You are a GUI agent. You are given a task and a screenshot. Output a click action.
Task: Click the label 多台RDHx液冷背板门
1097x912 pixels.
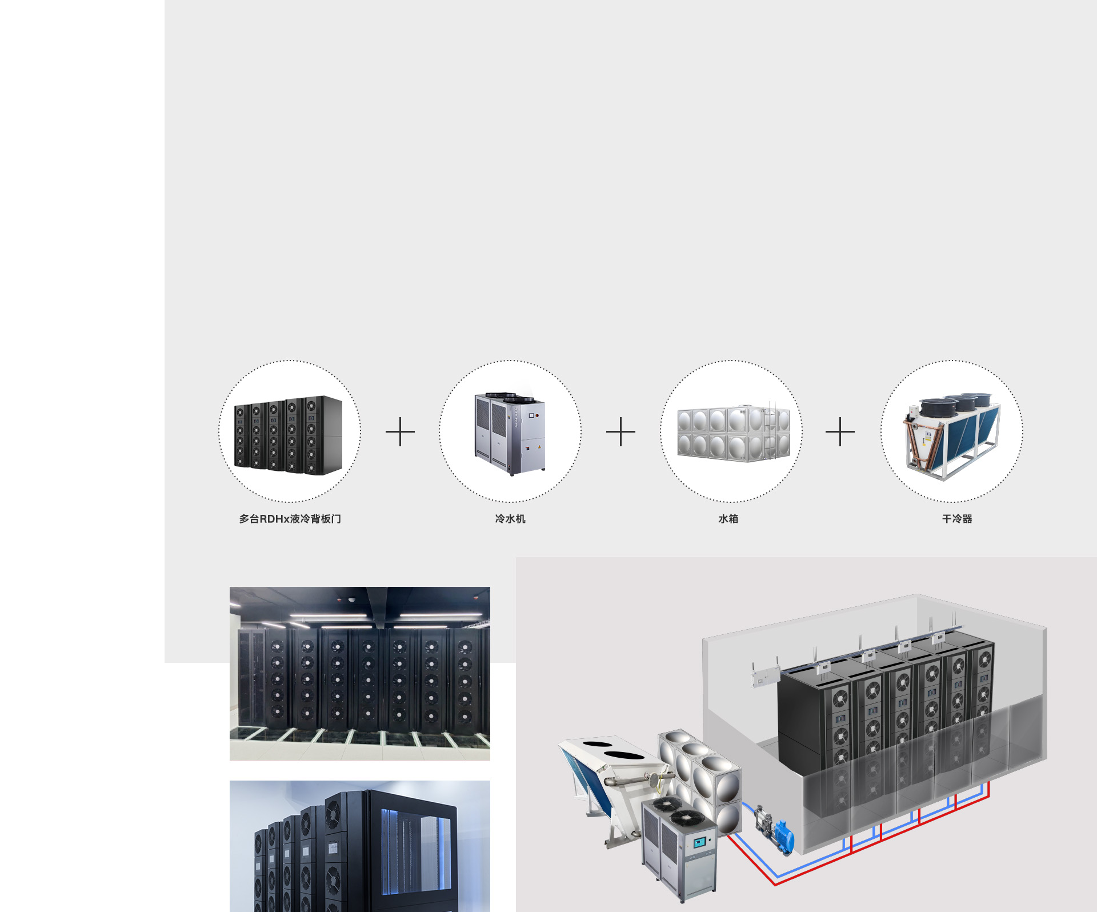point(290,519)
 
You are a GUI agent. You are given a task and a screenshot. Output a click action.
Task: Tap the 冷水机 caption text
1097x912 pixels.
point(510,519)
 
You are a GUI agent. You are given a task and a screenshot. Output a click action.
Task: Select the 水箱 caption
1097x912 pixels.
point(728,519)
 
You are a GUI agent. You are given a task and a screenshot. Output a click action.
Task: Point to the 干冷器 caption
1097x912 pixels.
point(957,519)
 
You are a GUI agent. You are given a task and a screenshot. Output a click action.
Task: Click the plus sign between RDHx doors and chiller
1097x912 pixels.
point(400,431)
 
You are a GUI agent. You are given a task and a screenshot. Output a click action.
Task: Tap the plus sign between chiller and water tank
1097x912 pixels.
point(620,431)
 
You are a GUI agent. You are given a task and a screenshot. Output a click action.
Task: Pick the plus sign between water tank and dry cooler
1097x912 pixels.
point(840,431)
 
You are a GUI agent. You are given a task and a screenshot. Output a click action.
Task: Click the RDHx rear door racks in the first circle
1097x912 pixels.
point(289,435)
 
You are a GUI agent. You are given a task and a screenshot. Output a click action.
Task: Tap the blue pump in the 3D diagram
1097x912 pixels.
point(783,835)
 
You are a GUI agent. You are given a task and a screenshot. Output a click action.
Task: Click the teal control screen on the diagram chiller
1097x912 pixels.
point(700,842)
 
